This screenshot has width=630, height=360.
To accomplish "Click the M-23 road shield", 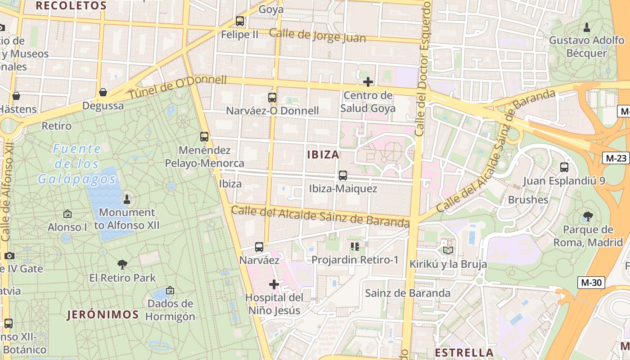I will [x=616, y=158].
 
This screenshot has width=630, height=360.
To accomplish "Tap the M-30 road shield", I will [x=591, y=283].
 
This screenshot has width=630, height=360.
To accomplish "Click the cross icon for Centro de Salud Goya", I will [x=368, y=82].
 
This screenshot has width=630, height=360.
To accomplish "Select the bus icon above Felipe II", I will [x=240, y=21].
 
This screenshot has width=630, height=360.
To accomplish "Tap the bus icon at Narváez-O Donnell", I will [x=272, y=97].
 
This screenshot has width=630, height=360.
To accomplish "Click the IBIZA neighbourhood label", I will [x=323, y=155].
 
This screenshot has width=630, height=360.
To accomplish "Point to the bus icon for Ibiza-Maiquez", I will [x=343, y=175].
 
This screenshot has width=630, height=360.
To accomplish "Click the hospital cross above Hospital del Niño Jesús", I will [x=274, y=284].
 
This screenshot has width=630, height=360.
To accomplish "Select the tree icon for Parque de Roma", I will [x=587, y=216].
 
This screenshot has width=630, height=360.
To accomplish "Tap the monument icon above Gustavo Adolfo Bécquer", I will [x=586, y=27].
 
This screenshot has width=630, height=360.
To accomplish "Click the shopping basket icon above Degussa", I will [x=103, y=93].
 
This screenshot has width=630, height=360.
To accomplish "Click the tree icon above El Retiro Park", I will [x=122, y=265].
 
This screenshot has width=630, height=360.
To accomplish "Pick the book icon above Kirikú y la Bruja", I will [x=448, y=250].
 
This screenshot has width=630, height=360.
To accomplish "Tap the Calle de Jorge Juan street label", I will [x=317, y=36].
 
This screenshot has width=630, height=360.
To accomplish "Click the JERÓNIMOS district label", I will [x=103, y=315].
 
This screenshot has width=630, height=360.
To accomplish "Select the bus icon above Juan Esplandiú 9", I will [x=564, y=167].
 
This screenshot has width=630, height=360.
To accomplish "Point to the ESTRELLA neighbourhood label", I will [x=464, y=352].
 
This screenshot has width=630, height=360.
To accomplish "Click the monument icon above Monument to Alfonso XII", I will [x=127, y=199].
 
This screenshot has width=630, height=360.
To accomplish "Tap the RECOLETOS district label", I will [x=71, y=6].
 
